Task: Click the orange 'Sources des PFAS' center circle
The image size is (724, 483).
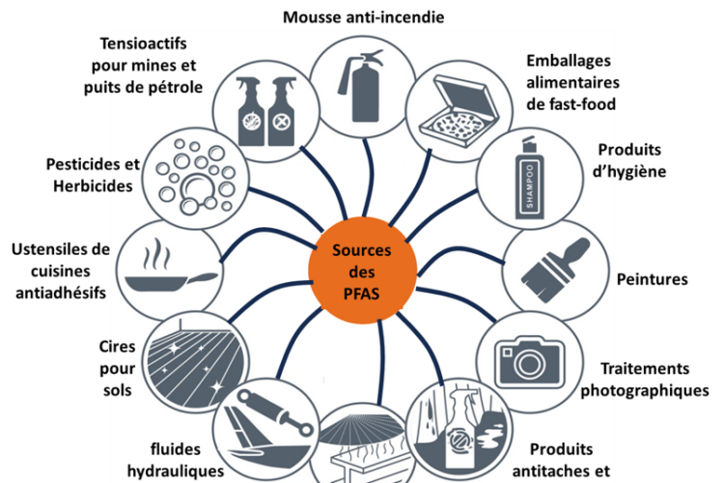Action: [x=362, y=270]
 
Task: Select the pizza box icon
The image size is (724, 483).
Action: [x=459, y=111]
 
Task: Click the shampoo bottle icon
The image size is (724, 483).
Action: [x=529, y=178]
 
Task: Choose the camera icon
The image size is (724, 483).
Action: [x=529, y=362]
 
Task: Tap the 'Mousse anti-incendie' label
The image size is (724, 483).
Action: [x=363, y=17]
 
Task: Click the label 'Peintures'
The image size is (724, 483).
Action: [x=652, y=279]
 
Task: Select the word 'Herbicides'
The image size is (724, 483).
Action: [x=93, y=185]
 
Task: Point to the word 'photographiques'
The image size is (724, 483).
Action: [x=645, y=390]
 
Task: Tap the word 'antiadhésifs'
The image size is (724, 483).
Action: [x=61, y=293]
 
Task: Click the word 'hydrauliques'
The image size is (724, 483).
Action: [x=176, y=471]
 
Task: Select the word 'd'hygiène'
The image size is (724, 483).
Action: [x=629, y=172]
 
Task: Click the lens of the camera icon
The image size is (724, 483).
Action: [x=529, y=365]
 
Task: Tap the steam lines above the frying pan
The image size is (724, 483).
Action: [x=156, y=254]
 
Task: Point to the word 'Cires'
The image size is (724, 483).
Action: [x=117, y=346]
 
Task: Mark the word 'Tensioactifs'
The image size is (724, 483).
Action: [x=143, y=43]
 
